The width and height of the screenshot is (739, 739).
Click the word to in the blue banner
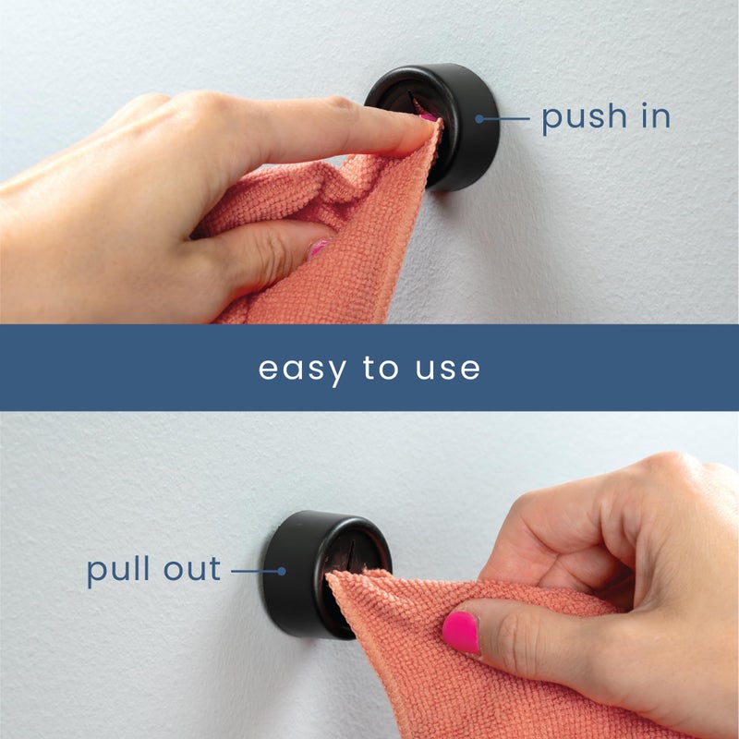coord(380,368)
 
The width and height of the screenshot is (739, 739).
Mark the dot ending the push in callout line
coord(479,118)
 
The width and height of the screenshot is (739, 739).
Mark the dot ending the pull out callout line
coord(283,571)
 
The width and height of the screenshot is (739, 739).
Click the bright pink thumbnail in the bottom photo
coord(460,632)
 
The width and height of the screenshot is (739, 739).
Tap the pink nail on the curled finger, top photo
coord(319,248)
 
